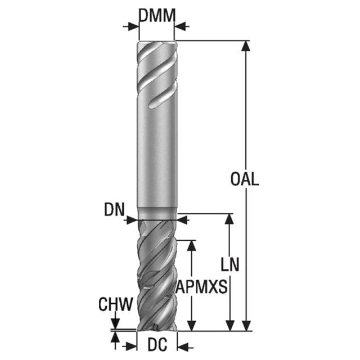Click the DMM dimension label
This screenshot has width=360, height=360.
click(157, 15)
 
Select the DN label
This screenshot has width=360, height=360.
click(114, 209)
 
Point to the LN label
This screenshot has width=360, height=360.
click(230, 264)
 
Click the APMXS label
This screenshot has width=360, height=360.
click(201, 286)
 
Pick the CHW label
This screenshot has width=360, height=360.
click(116, 304)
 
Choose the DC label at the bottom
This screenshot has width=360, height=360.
click(157, 345)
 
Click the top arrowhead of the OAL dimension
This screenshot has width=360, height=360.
click(246, 46)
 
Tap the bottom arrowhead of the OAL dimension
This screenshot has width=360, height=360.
click(246, 326)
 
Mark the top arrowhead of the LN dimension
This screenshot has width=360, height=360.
click(229, 219)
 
